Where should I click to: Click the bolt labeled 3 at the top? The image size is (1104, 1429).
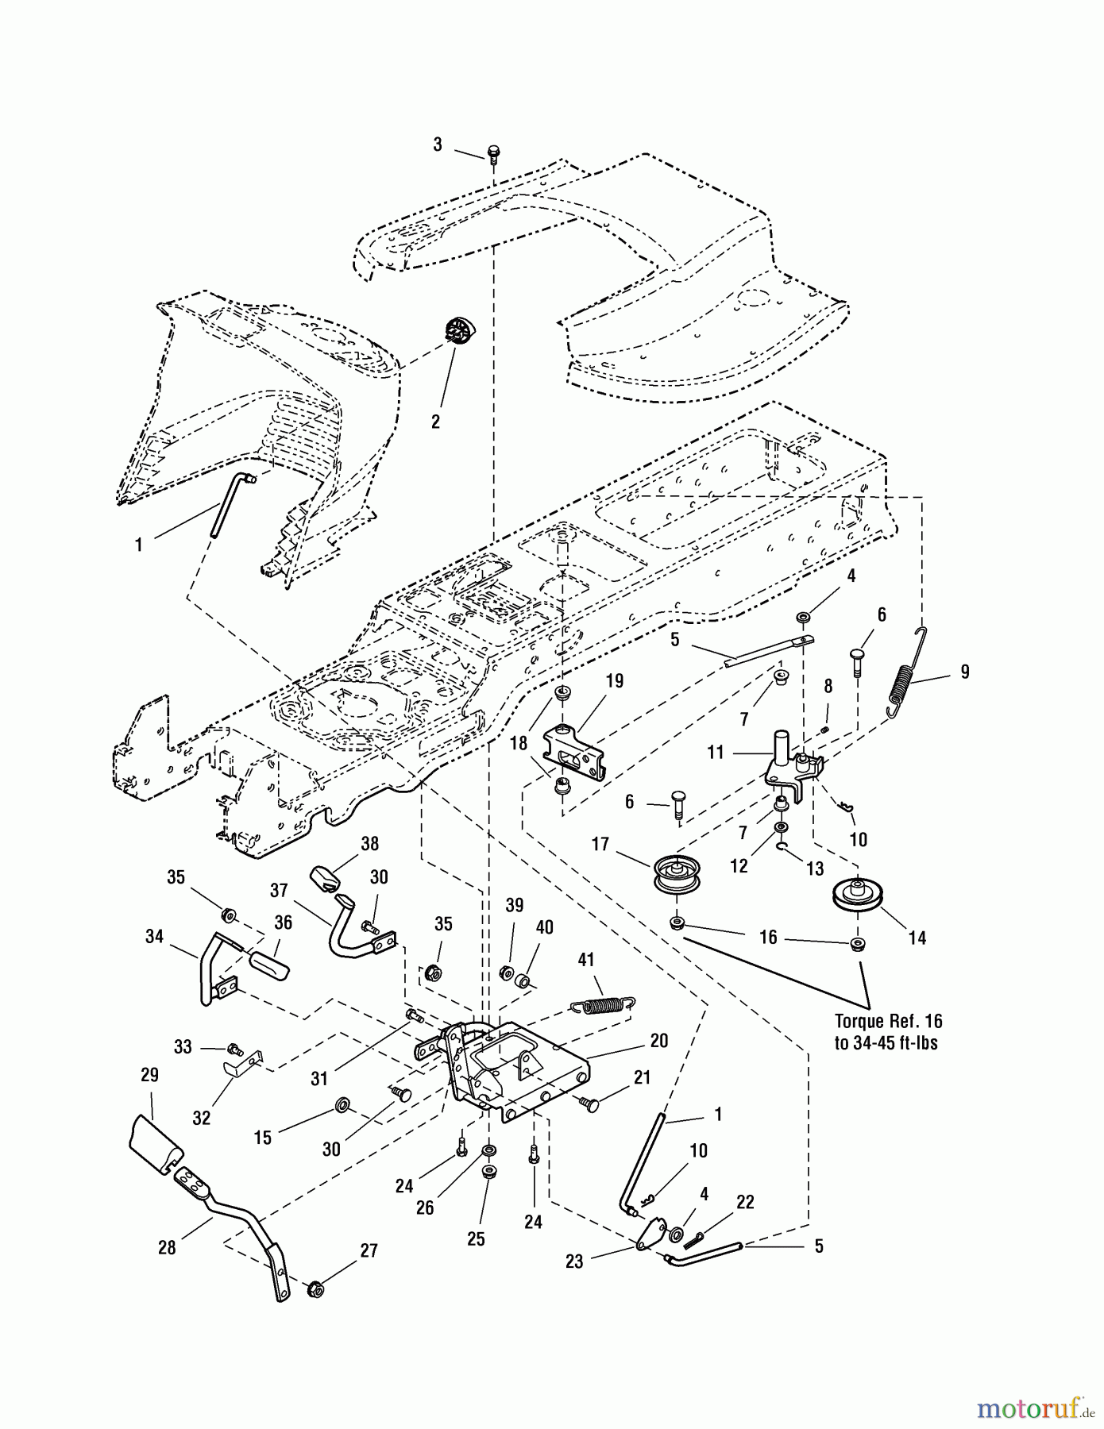click(492, 153)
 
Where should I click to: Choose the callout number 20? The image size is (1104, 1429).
click(658, 1040)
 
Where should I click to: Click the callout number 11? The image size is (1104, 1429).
click(716, 751)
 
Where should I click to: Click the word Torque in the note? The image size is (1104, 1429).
click(861, 1020)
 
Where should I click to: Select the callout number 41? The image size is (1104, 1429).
click(585, 960)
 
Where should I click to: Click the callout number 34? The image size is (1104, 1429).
click(154, 937)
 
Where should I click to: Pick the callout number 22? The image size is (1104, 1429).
click(744, 1202)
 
